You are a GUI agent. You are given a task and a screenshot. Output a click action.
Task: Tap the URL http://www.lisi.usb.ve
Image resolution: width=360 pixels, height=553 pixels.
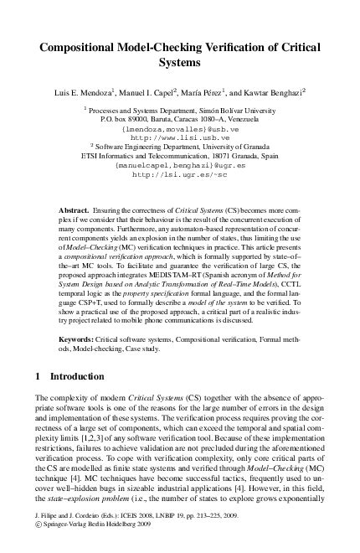pos(179,137)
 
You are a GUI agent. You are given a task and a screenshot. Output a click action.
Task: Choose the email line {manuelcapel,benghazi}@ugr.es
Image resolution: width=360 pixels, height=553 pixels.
pos(179,166)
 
